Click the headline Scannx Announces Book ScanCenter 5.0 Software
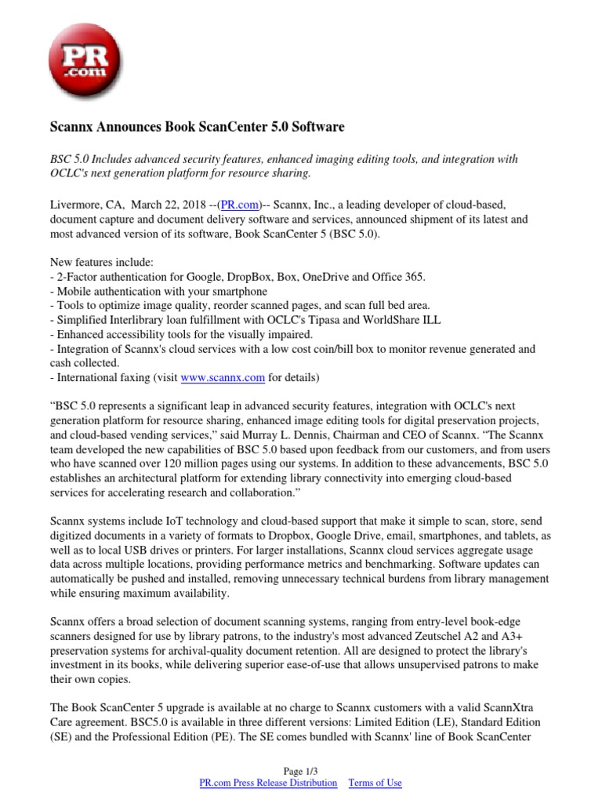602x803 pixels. (197, 126)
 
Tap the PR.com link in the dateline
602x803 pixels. (240, 205)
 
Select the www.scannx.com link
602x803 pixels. (223, 377)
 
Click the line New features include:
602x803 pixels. (102, 261)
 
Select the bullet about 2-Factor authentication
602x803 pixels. (238, 276)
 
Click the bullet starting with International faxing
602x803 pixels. (184, 377)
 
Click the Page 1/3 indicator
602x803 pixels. (300, 771)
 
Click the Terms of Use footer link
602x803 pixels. (375, 783)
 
